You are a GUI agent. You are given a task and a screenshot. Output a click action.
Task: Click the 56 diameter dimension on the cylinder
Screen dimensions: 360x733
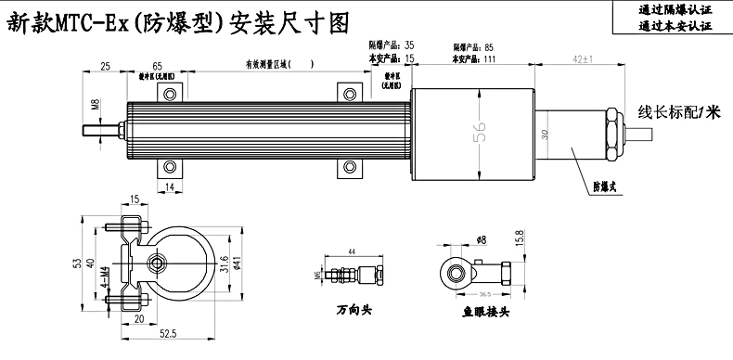click(481, 133)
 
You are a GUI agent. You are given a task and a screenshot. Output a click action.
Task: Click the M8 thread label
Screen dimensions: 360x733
click(95, 105)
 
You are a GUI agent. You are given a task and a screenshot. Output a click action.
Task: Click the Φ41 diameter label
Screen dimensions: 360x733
click(238, 264)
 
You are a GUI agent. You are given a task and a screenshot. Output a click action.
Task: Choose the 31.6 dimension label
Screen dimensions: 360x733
click(225, 264)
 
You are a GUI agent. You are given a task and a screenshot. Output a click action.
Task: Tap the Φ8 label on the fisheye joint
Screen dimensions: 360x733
click(482, 239)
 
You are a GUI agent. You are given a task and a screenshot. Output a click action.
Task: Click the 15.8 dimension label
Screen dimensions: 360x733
click(520, 239)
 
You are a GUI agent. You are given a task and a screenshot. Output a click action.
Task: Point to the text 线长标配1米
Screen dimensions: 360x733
click(679, 112)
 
